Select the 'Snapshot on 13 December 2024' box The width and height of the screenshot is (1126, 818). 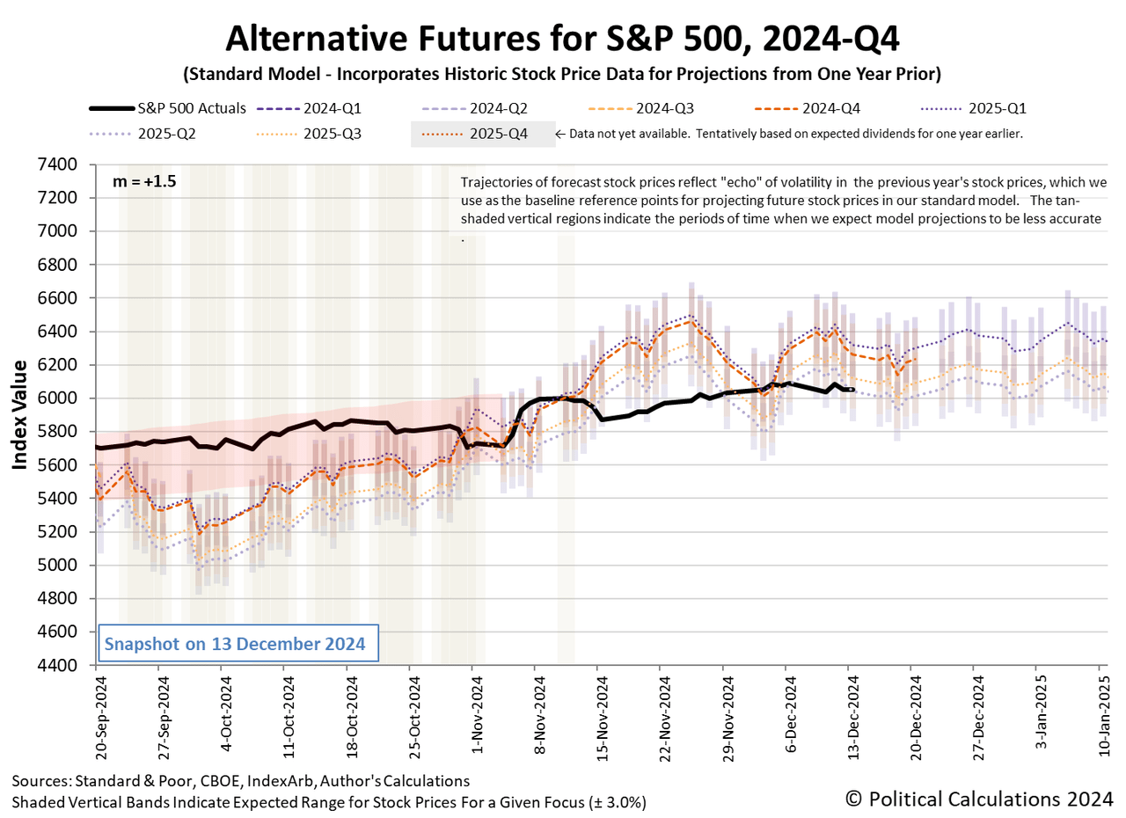click(x=234, y=644)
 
